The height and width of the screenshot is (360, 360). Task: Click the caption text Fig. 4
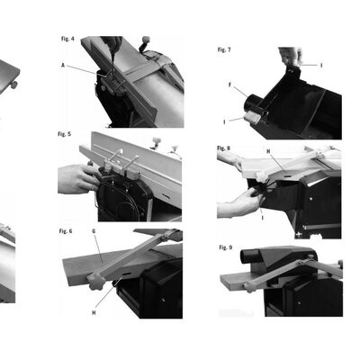(x=67, y=39)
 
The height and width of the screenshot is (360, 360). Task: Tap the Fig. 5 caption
(x=65, y=134)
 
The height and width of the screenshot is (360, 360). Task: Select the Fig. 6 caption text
(x=66, y=231)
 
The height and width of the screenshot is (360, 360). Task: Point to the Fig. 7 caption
(x=224, y=49)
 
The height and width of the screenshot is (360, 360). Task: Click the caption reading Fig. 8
(x=224, y=148)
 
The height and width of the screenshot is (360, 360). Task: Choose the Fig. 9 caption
(x=226, y=247)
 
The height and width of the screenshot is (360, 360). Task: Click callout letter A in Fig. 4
(x=63, y=65)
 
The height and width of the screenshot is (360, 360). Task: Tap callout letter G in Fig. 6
(x=94, y=231)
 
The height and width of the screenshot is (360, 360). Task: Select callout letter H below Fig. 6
(x=94, y=312)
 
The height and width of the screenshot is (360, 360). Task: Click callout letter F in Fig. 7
(x=230, y=85)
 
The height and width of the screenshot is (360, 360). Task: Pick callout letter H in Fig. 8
(x=268, y=151)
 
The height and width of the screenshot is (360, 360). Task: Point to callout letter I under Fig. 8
(x=263, y=218)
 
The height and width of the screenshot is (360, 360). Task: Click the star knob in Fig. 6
(x=96, y=282)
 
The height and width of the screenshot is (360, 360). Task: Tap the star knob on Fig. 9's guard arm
(x=248, y=288)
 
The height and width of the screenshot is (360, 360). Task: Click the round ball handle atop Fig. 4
(x=146, y=40)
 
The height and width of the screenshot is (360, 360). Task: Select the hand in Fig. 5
(x=77, y=179)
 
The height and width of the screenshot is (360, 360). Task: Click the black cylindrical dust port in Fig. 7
(x=251, y=103)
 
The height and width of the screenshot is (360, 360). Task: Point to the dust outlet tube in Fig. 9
(x=250, y=256)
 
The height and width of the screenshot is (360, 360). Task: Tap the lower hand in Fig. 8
(x=240, y=202)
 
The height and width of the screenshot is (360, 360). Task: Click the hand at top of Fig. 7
(x=290, y=56)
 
